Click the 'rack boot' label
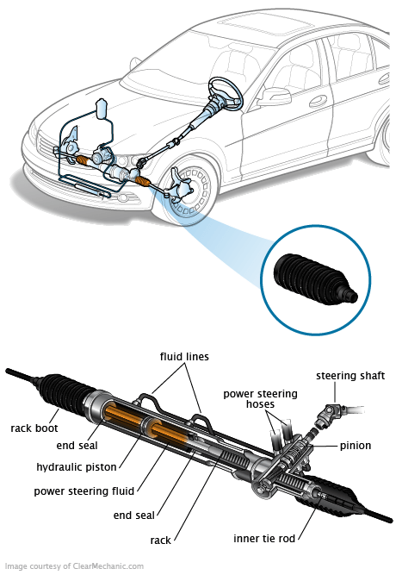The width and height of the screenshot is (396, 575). click(34, 428)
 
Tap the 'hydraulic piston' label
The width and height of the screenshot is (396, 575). click(77, 467)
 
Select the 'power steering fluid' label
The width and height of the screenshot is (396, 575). click(84, 491)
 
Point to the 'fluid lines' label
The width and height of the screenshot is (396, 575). click(184, 356)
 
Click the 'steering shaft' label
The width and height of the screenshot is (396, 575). click(350, 376)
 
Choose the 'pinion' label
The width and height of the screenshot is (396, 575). click(356, 446)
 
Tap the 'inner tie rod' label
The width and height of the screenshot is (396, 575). click(264, 539)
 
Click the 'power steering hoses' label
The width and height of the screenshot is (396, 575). click(260, 399)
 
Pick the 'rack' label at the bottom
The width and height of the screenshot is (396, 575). click(160, 541)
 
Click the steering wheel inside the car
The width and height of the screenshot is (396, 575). click(225, 93)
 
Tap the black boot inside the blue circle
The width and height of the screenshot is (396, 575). click(315, 279)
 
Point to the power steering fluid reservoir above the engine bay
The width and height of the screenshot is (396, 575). click(102, 109)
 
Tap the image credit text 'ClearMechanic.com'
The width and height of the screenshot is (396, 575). click(108, 566)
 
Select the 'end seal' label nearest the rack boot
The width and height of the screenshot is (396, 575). click(77, 446)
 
